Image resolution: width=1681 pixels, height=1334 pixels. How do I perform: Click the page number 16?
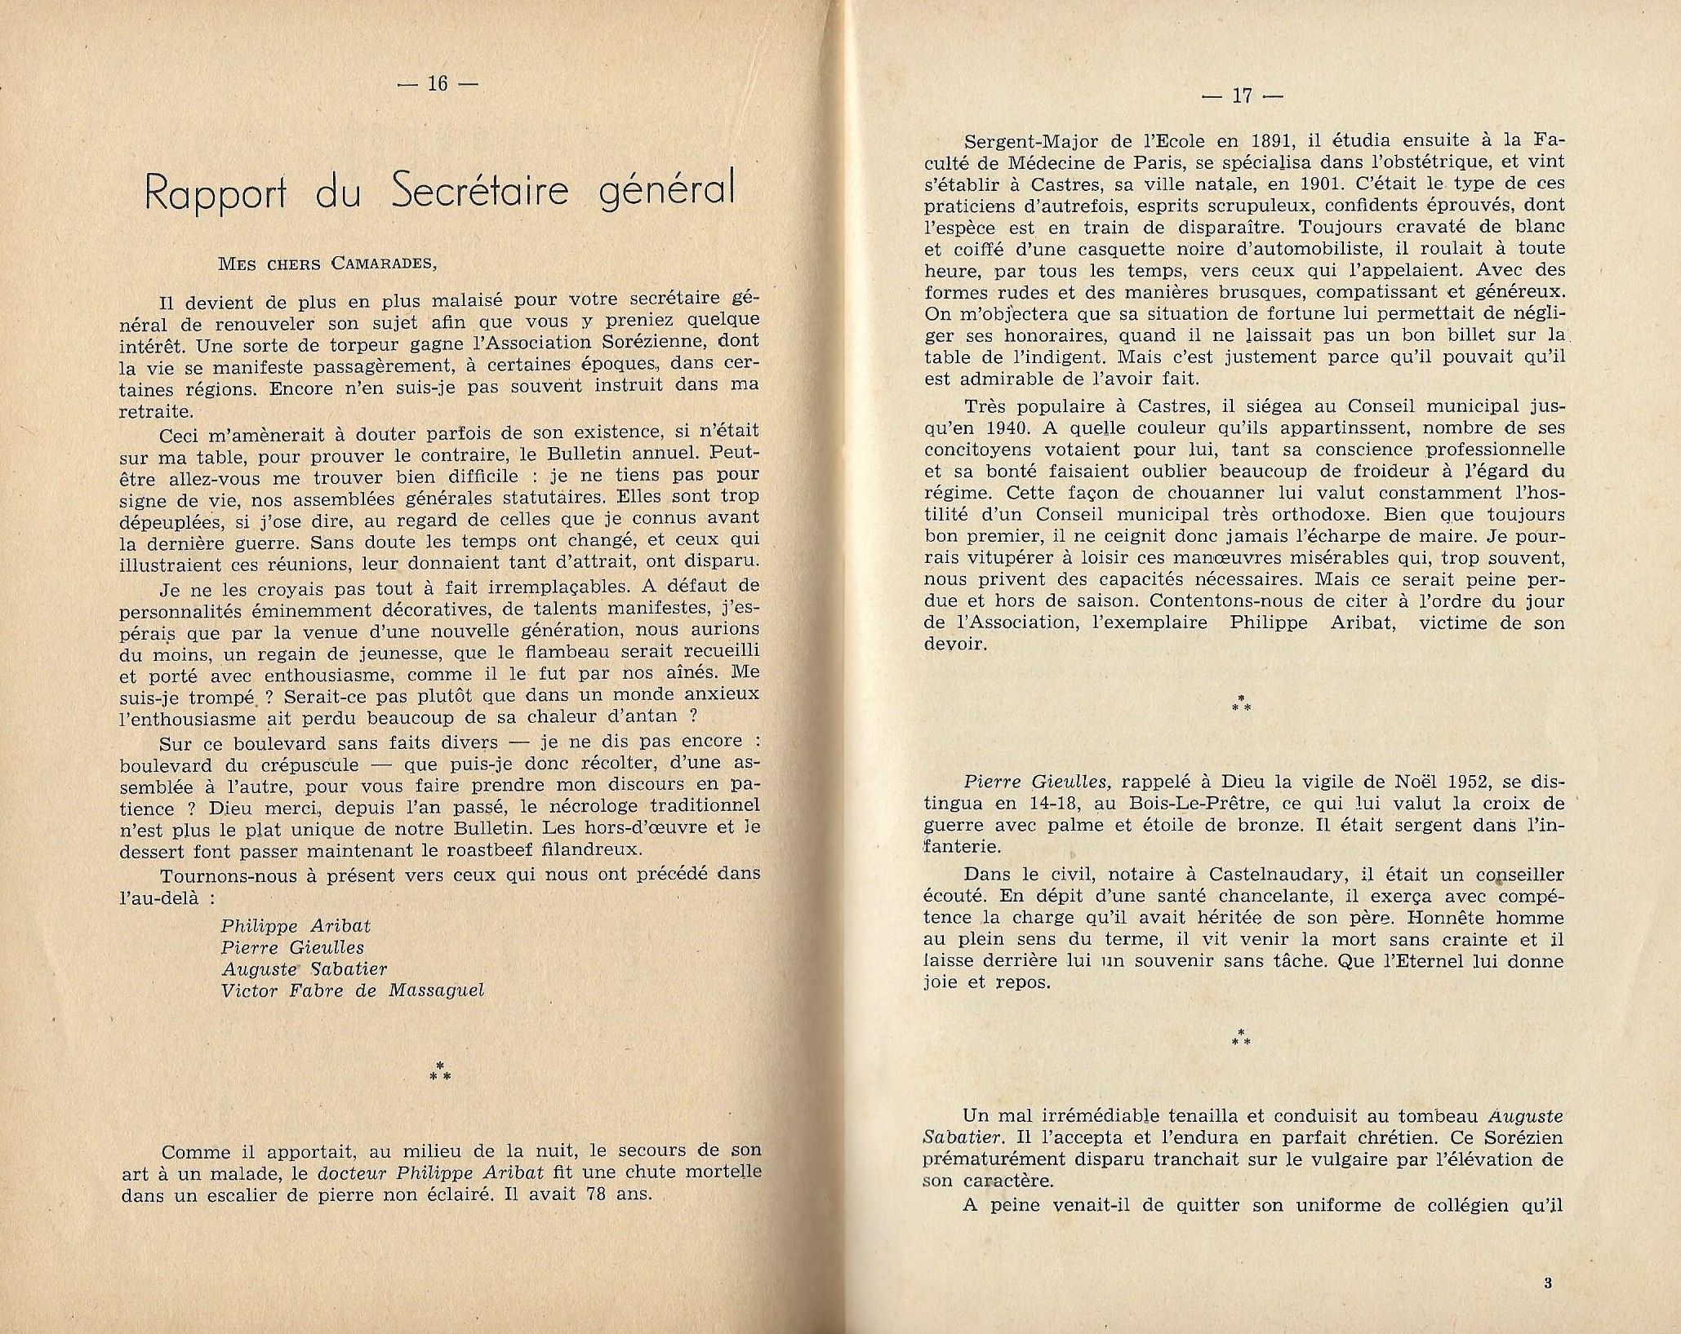tap(438, 83)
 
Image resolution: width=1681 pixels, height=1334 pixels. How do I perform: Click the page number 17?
tap(1243, 95)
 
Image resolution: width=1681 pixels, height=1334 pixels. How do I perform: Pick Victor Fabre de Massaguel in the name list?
tap(352, 991)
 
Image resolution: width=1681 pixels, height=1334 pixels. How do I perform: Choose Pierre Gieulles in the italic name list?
tap(291, 947)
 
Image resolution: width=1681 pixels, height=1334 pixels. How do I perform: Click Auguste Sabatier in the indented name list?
tap(303, 969)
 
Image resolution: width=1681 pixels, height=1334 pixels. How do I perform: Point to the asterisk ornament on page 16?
tap(440, 1072)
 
